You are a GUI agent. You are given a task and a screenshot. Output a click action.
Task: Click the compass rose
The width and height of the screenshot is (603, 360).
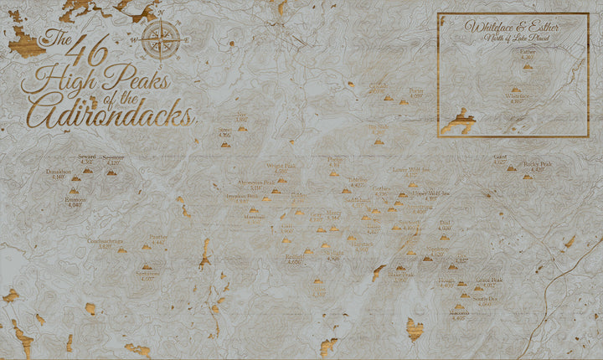163,39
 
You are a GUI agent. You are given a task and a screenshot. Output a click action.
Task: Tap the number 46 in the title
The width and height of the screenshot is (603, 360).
89,54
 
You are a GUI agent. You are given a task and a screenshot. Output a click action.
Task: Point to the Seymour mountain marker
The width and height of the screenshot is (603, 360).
112,171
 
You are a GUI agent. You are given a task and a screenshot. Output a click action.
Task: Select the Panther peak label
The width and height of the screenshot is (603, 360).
158,238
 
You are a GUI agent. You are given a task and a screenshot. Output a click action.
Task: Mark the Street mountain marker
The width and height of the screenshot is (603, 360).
224,144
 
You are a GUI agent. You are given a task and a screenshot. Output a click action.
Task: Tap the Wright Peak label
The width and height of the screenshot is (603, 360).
276,167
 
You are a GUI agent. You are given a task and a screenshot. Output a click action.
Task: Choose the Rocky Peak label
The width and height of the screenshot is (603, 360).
537,165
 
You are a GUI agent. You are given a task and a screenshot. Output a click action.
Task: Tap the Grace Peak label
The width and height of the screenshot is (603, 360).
489,281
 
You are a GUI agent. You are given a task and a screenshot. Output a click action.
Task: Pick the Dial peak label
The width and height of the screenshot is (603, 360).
445,224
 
